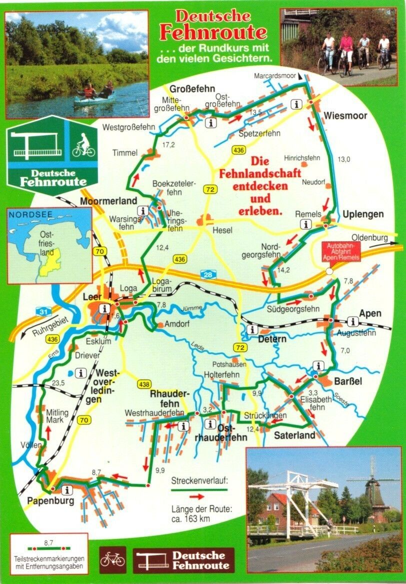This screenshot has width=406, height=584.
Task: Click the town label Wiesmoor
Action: (345, 116)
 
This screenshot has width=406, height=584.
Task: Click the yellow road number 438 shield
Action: (143, 384)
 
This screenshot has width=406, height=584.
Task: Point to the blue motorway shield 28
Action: (206, 274)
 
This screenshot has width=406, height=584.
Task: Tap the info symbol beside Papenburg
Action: (67, 489)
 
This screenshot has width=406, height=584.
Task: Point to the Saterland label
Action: (294, 435)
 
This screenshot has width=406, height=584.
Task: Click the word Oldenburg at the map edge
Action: (370, 238)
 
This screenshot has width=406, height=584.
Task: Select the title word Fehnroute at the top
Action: (212, 33)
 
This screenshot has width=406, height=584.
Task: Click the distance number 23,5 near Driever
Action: (58, 383)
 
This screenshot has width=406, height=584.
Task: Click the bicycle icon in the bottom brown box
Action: (112, 558)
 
